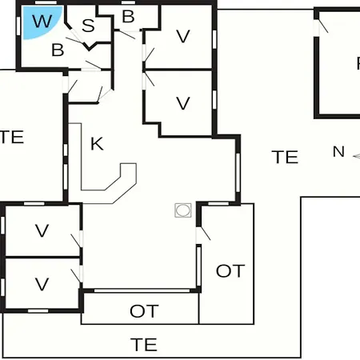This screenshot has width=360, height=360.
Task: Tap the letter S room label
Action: [x=88, y=26]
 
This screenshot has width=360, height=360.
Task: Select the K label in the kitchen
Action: [x=97, y=144]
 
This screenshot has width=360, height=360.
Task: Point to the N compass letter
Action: [x=338, y=152]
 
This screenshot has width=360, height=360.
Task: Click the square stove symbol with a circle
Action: [x=183, y=210]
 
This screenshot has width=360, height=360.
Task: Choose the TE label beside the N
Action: [x=285, y=157]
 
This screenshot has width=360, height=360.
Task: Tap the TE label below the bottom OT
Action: [x=144, y=345]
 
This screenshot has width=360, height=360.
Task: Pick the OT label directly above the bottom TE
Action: [x=144, y=311]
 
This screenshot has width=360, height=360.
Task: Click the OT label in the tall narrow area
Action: [x=230, y=271]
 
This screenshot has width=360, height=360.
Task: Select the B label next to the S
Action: [x=128, y=17]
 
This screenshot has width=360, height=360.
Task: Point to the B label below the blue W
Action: [x=58, y=50]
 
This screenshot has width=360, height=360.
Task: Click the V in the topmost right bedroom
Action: [x=183, y=36]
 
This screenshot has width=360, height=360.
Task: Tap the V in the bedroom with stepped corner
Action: [x=183, y=103]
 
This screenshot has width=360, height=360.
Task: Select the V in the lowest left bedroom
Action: [x=42, y=284]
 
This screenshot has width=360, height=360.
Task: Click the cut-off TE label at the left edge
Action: [x=12, y=137]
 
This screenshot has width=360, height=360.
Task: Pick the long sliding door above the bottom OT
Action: [x=142, y=290]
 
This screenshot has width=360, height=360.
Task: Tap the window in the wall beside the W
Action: [x=18, y=26]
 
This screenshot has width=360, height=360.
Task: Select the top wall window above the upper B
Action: [x=128, y=2]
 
